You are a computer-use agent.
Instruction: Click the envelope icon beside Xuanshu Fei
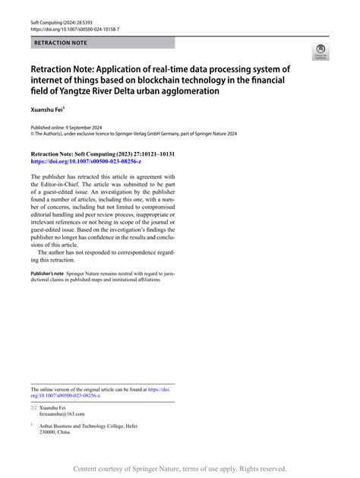(34, 407)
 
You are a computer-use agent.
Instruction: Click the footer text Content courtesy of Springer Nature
(144, 469)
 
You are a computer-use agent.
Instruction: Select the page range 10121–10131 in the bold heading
(151, 154)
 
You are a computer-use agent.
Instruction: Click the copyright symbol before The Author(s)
(33, 132)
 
